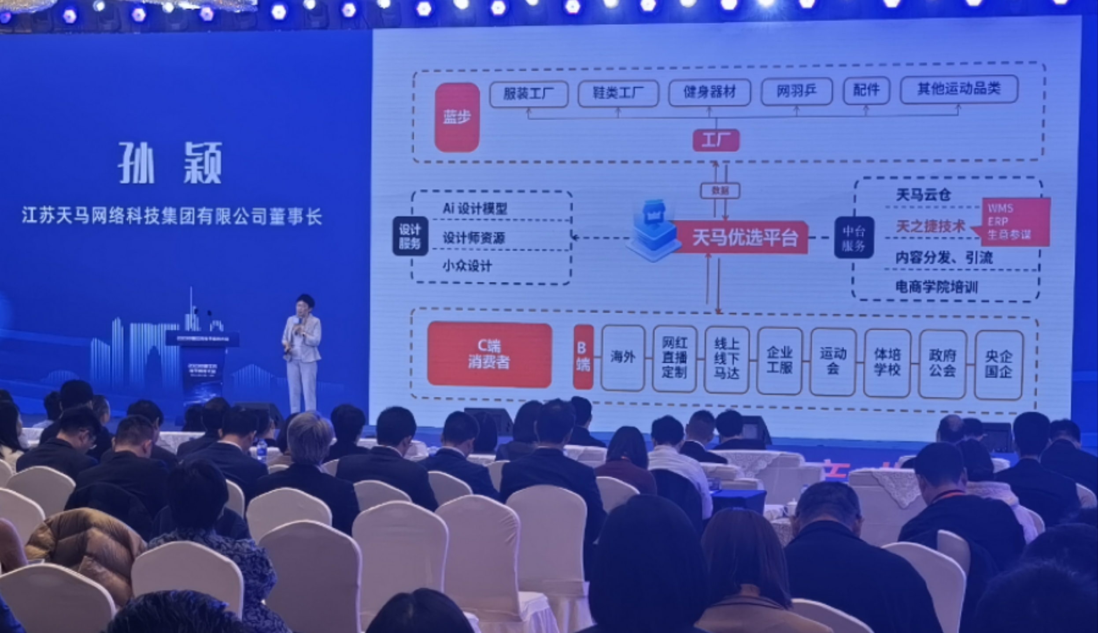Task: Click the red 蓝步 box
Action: (457, 118)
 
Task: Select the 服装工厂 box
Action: (529, 93)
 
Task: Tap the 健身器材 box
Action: (709, 92)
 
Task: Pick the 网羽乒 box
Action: (796, 91)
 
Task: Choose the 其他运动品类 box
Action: (959, 89)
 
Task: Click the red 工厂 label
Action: (716, 141)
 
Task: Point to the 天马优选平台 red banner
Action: (744, 238)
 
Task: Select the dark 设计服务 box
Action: (410, 236)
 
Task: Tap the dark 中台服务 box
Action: (854, 238)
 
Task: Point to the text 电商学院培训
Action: (936, 287)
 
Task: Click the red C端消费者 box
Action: (489, 355)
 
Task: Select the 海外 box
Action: (622, 357)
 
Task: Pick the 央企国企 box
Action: (998, 365)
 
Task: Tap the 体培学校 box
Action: (887, 363)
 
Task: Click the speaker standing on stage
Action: (302, 353)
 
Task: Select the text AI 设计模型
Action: (475, 208)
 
